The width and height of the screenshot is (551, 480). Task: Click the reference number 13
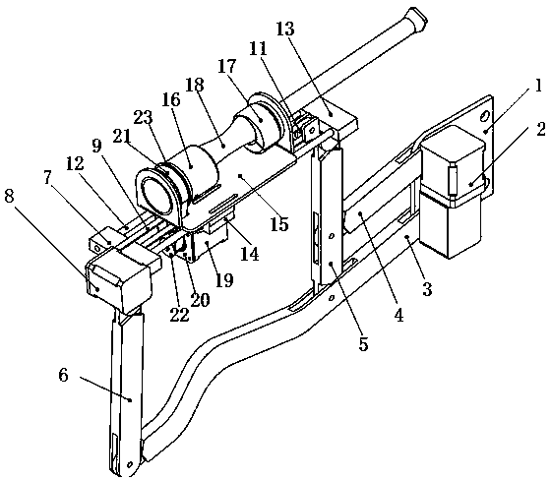[x=285, y=30]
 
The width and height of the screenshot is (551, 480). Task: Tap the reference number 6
[x=63, y=376]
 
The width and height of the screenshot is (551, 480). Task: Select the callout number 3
[x=427, y=289]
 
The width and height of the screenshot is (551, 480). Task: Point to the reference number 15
[x=279, y=224]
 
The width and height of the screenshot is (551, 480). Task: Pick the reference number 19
[x=224, y=279]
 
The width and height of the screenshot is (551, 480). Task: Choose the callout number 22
[x=179, y=315]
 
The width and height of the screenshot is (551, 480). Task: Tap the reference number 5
[x=363, y=344]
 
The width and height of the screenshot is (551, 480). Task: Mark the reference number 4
[x=398, y=315]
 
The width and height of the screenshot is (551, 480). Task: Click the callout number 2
[x=541, y=129]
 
